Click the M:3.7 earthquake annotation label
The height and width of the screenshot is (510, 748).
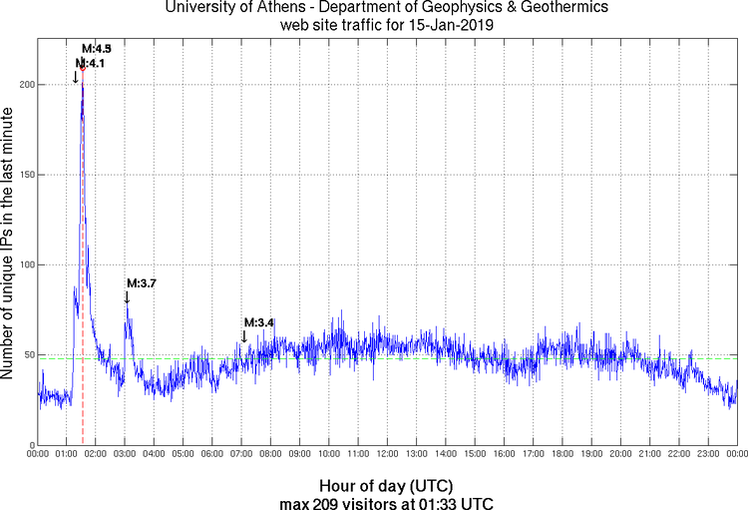141,283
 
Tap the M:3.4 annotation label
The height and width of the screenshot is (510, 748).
258,322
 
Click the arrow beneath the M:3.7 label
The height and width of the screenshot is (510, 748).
127,296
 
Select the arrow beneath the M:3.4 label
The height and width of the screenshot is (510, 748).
244,335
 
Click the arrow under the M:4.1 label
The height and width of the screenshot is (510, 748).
76,76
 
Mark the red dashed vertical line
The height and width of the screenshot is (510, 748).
82,299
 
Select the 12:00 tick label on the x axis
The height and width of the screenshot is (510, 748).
387,455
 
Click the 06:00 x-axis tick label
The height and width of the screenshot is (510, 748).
212,455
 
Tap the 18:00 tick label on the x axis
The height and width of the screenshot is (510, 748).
561,455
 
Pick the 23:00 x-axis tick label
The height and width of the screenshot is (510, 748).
707,455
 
